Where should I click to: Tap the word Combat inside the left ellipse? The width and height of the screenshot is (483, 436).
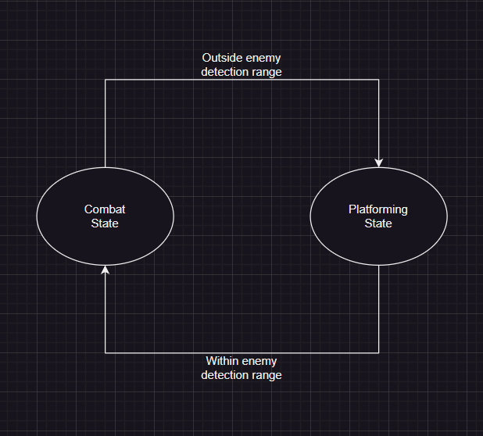[x=105, y=209]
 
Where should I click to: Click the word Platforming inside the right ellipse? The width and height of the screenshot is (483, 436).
[x=378, y=209]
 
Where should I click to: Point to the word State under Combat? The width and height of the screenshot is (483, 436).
[x=105, y=223]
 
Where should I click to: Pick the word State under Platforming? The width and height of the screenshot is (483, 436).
[x=378, y=223]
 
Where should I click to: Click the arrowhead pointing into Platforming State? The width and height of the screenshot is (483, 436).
[x=379, y=163]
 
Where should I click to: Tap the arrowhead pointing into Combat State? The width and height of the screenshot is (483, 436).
[x=105, y=270]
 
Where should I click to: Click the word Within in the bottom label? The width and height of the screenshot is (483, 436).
[x=223, y=361]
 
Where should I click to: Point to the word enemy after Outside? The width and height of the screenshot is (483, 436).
[x=263, y=58]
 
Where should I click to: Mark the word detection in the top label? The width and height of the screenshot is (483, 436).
[x=227, y=72]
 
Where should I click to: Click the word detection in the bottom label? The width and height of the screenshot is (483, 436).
[x=227, y=375]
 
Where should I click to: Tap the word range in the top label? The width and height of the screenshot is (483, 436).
[x=269, y=72]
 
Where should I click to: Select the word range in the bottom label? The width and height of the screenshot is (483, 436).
[x=269, y=375]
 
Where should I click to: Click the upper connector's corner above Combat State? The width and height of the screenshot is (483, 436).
[x=105, y=80]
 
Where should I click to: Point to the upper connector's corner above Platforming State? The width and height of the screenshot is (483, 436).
[x=379, y=80]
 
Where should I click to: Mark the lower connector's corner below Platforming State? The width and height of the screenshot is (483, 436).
[x=379, y=352]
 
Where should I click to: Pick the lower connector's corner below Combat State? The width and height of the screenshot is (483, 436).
[x=105, y=352]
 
